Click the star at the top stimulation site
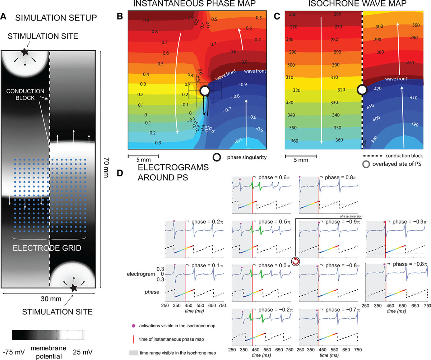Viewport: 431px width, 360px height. [x=24, y=52]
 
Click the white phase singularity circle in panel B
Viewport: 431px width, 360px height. [x=205, y=91]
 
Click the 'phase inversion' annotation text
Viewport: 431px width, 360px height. [x=350, y=216]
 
